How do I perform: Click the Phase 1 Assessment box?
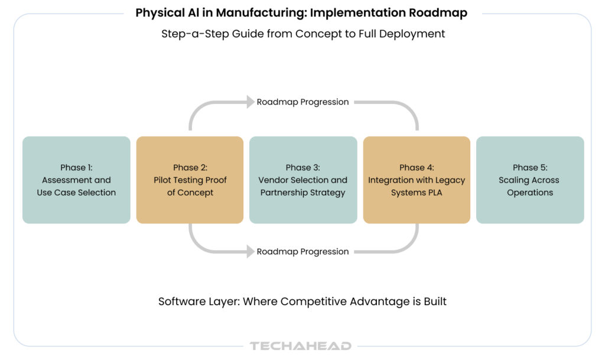click(x=76, y=180)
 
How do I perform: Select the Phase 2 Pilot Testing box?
click(x=190, y=180)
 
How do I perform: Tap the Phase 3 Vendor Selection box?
click(x=303, y=180)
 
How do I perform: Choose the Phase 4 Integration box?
click(x=417, y=180)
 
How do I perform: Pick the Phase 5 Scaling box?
click(x=530, y=180)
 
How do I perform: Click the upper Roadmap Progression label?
click(x=302, y=102)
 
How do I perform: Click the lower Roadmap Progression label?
click(x=302, y=251)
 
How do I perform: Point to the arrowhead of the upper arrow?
click(x=250, y=102)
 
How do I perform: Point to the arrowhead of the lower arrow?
click(x=250, y=251)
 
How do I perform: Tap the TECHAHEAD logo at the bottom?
click(x=301, y=346)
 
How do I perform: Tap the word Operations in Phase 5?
click(x=530, y=193)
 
